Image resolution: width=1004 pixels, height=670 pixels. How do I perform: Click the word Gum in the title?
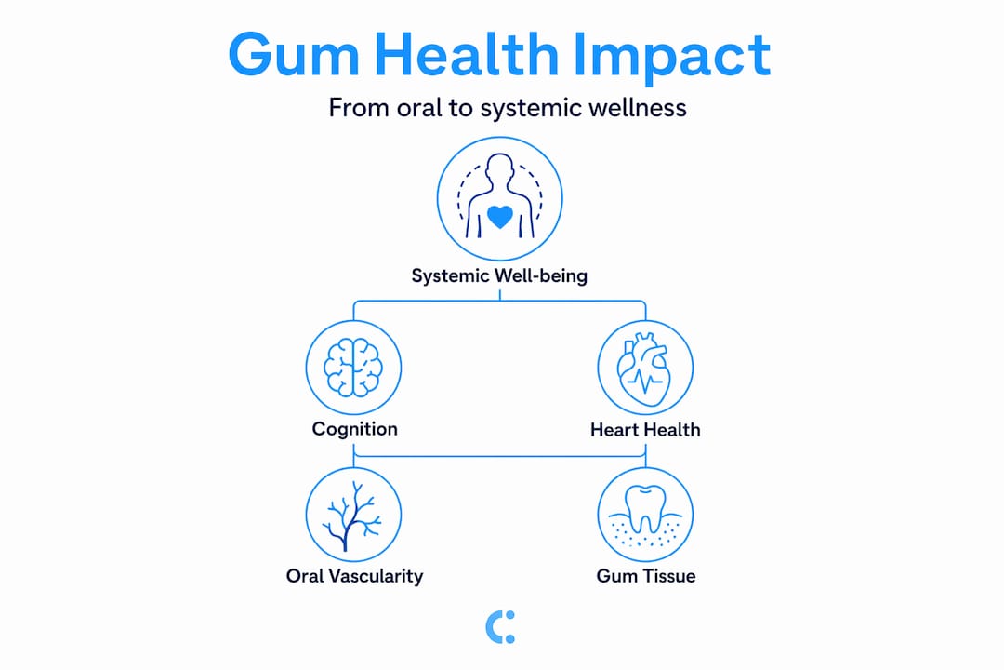click(293, 55)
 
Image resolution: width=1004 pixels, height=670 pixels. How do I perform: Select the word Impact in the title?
click(672, 58)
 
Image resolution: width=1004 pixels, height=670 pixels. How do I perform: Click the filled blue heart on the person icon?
click(500, 216)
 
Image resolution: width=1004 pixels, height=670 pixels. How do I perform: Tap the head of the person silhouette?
click(499, 168)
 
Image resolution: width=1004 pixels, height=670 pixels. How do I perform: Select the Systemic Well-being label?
click(499, 275)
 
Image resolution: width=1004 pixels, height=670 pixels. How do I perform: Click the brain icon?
click(353, 368)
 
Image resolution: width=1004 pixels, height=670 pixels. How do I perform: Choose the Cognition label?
click(355, 428)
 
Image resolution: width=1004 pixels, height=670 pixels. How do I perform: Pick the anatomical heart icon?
click(644, 369)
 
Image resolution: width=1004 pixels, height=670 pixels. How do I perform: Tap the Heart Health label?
click(645, 430)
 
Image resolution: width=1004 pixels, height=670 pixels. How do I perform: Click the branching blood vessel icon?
click(351, 516)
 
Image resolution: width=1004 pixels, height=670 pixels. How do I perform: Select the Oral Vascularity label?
click(355, 576)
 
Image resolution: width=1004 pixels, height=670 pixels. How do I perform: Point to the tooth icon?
click(645, 509)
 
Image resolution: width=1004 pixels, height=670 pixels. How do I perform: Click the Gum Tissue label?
click(646, 576)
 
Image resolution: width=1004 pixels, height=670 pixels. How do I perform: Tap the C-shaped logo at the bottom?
click(499, 627)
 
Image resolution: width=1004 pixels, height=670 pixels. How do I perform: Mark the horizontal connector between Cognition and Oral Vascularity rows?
click(499, 457)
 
